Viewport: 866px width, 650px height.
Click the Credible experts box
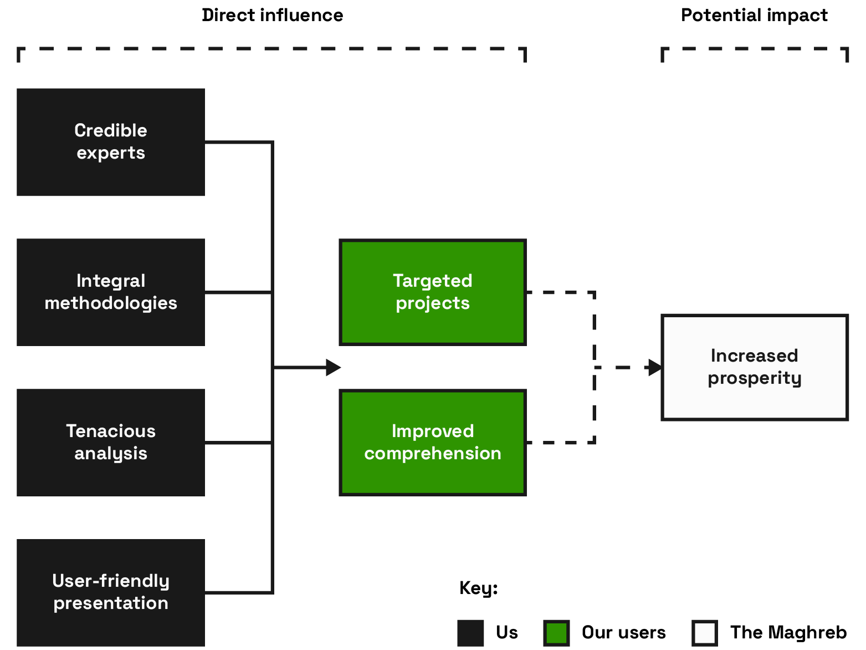111,142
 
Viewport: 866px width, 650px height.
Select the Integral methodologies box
111,292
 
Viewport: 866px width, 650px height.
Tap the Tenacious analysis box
111,443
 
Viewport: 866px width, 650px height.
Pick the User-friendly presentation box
111,592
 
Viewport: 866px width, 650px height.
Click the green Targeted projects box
433,292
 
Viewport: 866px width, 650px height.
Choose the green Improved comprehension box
433,443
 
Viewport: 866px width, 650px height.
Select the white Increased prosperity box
755,367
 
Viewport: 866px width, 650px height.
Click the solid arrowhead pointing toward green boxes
333,367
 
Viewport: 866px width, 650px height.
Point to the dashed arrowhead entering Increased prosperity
654,367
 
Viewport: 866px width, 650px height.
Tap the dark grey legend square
470,633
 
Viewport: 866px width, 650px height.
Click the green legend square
556,633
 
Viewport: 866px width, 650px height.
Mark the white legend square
705,633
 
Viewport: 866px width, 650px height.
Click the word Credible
111,130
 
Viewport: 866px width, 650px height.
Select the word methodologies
111,303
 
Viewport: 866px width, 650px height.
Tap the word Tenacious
111,431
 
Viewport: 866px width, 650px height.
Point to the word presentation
111,603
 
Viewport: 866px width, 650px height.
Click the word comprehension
433,454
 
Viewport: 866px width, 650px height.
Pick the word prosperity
755,378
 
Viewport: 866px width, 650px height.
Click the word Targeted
433,281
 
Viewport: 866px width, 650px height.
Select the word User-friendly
111,581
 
